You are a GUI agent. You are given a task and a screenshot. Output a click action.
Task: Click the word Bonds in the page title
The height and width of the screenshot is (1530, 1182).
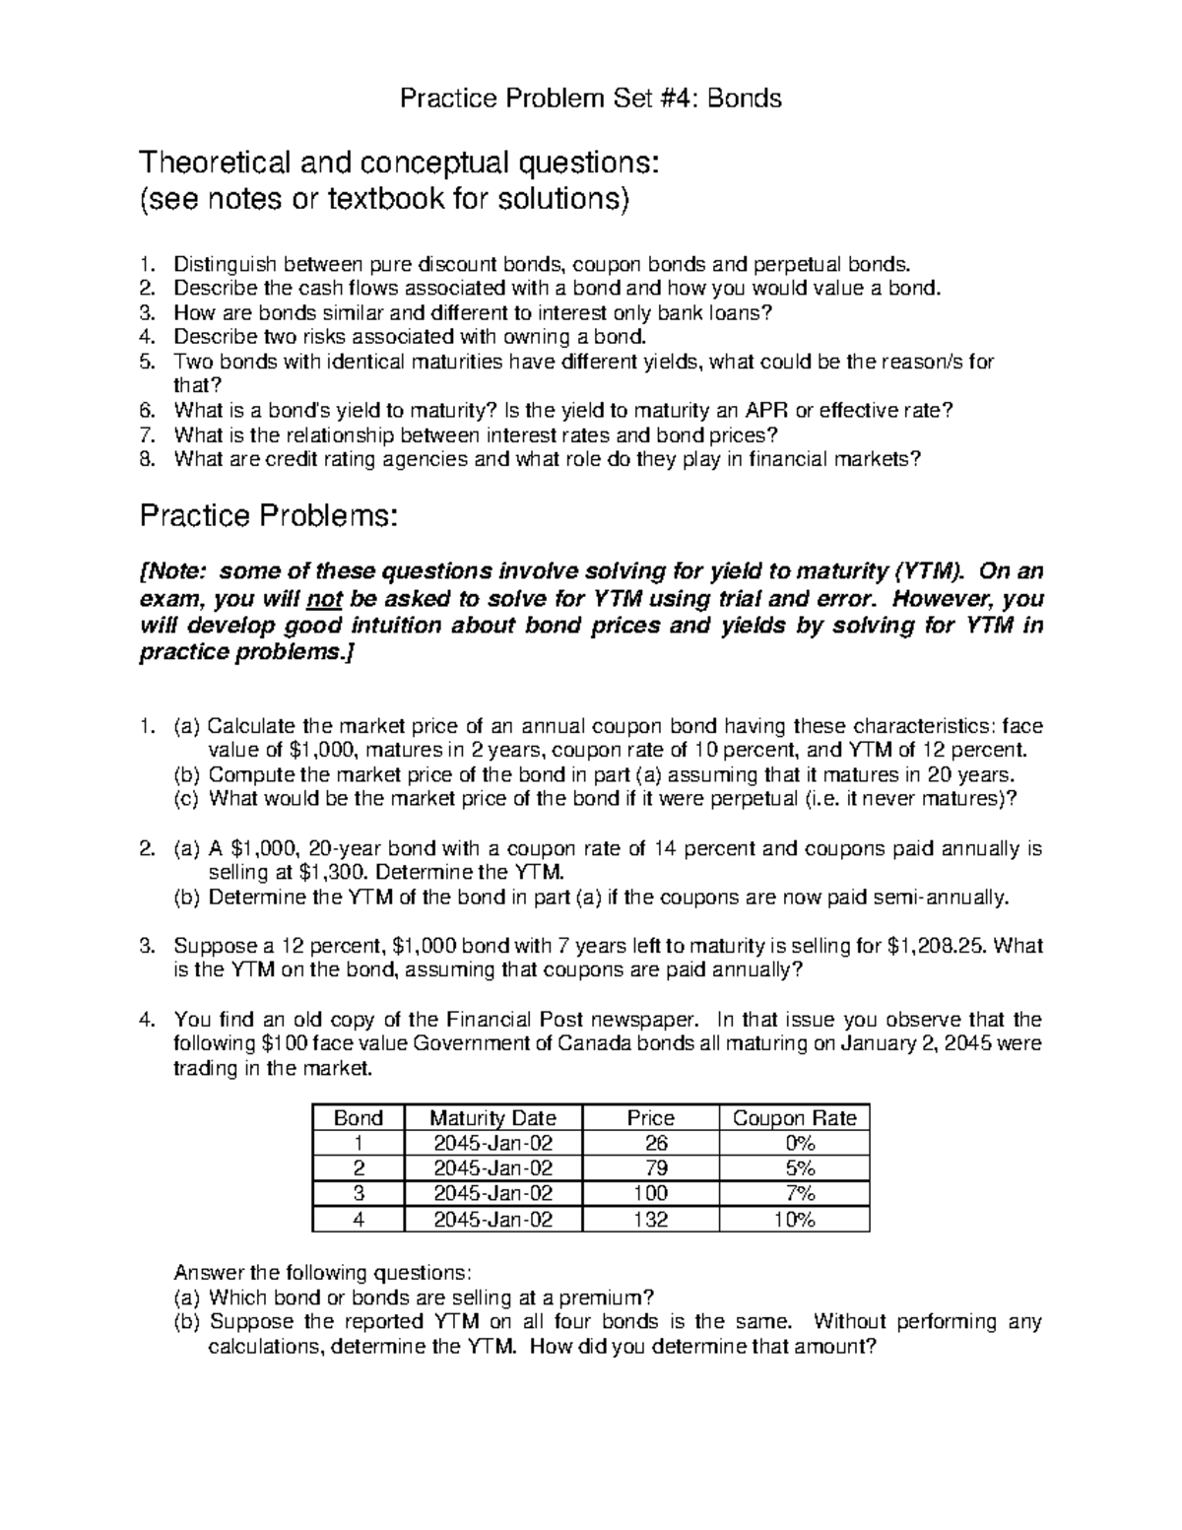745,99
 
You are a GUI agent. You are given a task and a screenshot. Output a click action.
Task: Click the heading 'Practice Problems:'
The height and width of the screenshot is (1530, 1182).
270,514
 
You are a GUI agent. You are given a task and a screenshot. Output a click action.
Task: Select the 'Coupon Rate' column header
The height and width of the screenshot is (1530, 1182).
794,1117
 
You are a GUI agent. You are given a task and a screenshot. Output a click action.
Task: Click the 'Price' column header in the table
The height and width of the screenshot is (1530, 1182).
651,1117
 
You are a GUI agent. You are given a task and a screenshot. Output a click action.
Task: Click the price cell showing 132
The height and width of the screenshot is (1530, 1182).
651,1220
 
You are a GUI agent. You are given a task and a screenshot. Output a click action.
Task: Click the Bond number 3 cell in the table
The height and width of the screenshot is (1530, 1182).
359,1194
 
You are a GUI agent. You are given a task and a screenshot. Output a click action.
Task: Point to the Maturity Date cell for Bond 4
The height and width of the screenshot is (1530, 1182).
493,1220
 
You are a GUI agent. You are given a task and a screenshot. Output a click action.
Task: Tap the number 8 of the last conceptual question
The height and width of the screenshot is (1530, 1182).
147,458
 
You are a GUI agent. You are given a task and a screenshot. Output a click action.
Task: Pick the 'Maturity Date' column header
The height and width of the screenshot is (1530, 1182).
493,1117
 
